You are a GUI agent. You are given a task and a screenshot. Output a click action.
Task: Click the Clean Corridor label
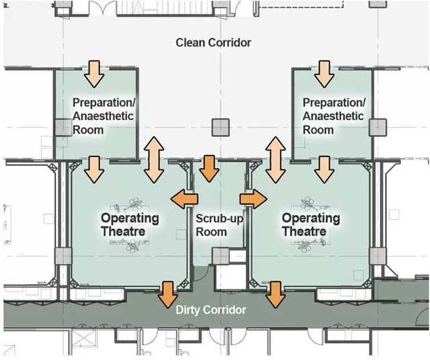(213, 43)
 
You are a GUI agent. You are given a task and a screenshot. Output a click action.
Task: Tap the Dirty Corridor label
(211, 310)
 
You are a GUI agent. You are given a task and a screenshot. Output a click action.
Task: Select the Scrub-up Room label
(211, 225)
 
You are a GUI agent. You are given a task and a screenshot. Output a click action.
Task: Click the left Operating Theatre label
(130, 225)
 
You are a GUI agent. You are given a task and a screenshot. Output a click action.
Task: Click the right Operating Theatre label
(310, 225)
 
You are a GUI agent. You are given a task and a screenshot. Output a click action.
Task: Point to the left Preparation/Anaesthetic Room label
(103, 116)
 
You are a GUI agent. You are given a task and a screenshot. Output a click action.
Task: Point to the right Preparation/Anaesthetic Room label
(333, 116)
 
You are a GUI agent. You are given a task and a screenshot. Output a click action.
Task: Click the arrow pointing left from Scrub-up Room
(184, 199)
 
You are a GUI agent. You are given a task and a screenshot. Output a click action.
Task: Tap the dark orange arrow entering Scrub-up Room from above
(211, 169)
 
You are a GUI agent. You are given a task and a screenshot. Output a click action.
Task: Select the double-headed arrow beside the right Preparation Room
(274, 159)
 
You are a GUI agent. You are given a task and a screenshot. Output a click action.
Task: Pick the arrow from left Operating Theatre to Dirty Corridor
(167, 294)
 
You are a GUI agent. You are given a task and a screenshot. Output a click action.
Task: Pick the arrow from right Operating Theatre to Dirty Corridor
(274, 294)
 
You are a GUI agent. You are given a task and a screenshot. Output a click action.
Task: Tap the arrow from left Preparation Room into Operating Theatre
(95, 169)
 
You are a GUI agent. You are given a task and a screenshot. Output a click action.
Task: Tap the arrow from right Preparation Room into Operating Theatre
(326, 169)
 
